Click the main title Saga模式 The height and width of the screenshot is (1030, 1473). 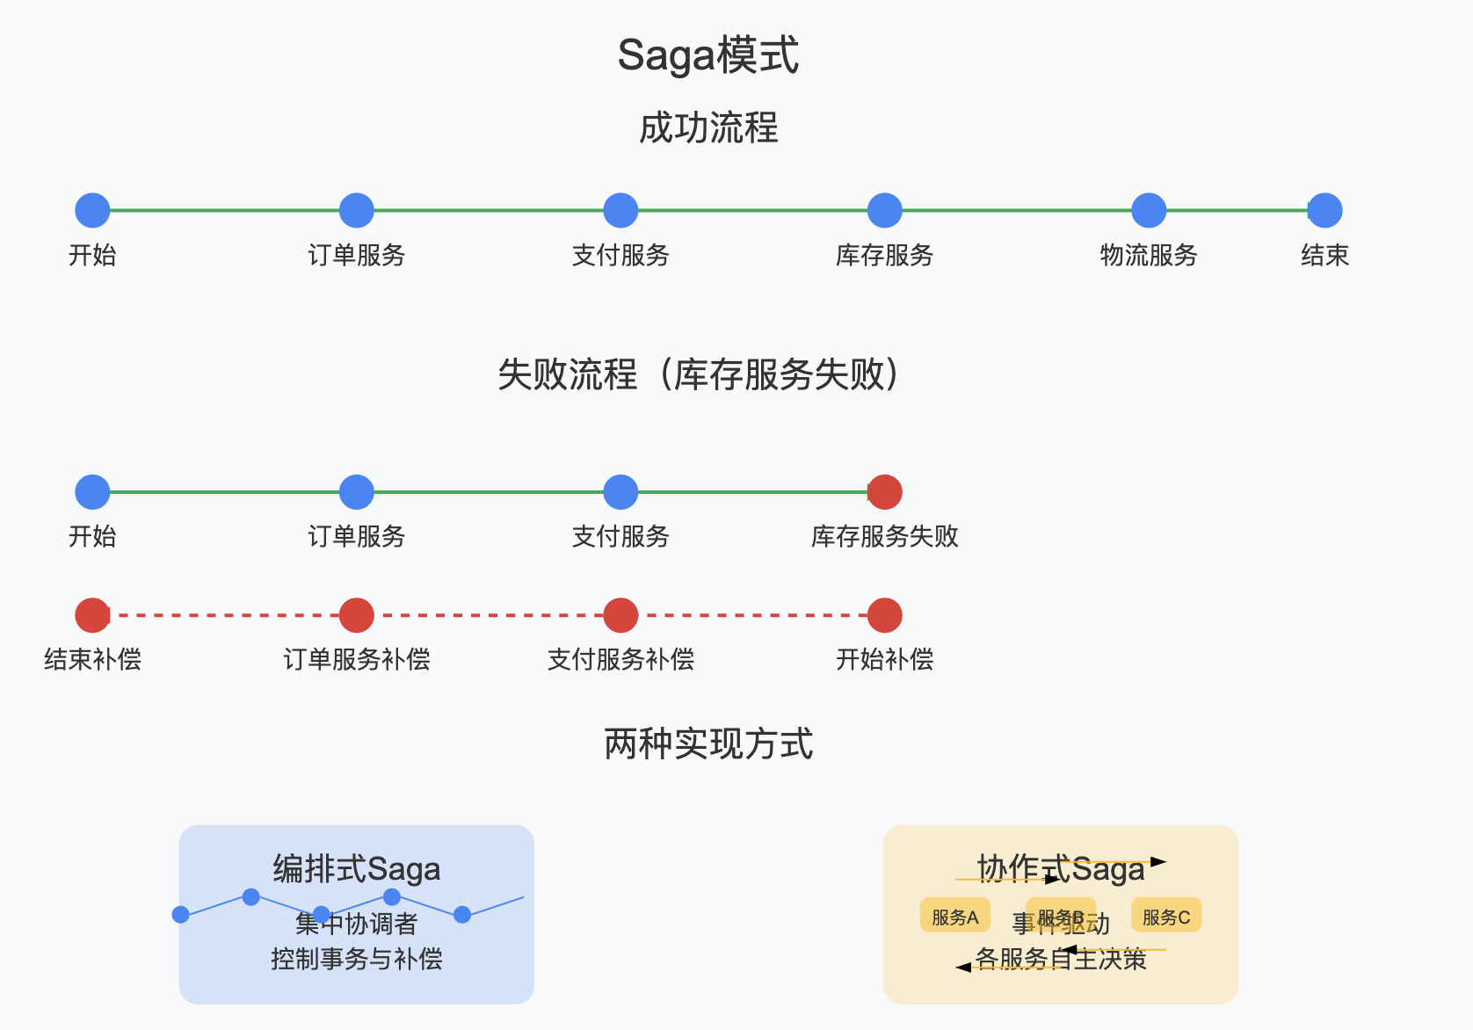point(708,55)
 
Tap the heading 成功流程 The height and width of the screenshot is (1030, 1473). point(708,128)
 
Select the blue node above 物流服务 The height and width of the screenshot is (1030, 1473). point(1148,211)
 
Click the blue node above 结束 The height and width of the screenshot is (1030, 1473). point(1324,211)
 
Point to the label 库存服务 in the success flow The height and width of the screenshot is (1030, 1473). point(884,256)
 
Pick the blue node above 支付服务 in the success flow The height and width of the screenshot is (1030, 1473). point(620,211)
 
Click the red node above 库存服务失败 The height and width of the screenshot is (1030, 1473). point(884,492)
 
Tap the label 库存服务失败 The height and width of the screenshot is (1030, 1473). point(884,537)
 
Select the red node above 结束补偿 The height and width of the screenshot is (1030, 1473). point(92,615)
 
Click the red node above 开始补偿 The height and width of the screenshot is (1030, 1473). point(884,615)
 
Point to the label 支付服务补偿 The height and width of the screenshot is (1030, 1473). point(620,660)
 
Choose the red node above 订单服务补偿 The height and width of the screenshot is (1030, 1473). point(356,615)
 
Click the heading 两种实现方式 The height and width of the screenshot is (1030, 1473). point(708,744)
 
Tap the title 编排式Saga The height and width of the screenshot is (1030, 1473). point(356,869)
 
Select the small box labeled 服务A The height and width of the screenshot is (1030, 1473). point(954,916)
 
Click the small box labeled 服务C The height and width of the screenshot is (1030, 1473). point(1165,916)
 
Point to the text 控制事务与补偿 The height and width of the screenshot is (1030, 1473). point(356,959)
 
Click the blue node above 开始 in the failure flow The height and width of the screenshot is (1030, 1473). point(92,492)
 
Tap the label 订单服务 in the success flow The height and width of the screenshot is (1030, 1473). point(356,256)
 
